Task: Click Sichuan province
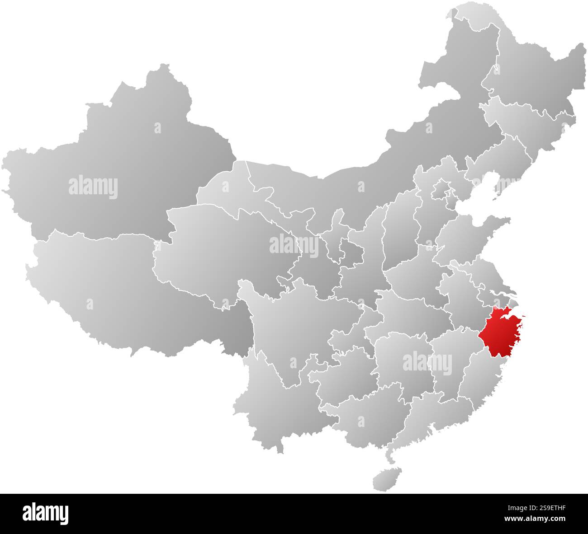coord(289,325)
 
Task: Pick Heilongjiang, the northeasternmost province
coord(534,72)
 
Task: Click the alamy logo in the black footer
coord(45,513)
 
